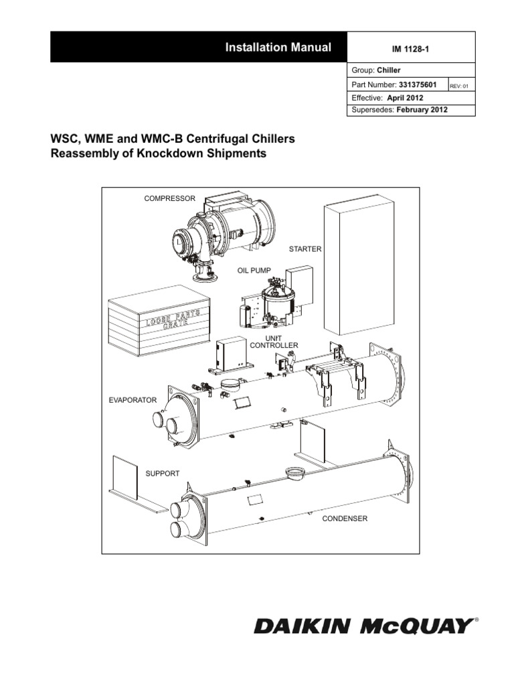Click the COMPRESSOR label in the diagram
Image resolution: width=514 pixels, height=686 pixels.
170,198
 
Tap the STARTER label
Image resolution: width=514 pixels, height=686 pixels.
305,249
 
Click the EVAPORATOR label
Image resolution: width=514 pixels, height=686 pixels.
133,400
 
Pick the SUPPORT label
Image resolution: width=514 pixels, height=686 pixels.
163,474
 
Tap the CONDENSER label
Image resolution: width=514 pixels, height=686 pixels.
345,519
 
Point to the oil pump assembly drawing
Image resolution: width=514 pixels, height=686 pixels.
271,304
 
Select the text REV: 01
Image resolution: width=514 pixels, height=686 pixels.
462,86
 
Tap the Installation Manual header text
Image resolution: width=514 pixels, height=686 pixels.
278,47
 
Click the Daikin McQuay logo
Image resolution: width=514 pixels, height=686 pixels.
362,626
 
